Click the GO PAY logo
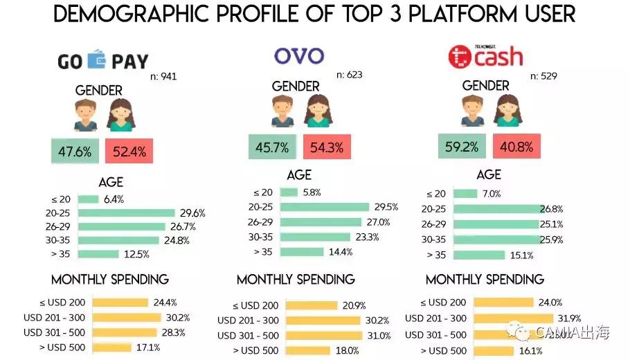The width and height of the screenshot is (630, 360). pos(102,61)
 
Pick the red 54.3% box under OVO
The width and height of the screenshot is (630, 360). pos(327,147)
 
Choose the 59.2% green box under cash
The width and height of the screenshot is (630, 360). pos(462,147)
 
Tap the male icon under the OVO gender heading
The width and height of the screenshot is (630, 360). pos(282,111)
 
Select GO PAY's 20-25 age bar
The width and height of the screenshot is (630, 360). pos(126,213)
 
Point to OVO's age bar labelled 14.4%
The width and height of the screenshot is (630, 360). pos(303,252)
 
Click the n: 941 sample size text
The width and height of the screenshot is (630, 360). pos(163,76)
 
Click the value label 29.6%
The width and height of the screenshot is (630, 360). pos(192,213)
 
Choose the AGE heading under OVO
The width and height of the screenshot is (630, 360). pos(299,175)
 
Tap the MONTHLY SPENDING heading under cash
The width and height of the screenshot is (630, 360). pos(485,280)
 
